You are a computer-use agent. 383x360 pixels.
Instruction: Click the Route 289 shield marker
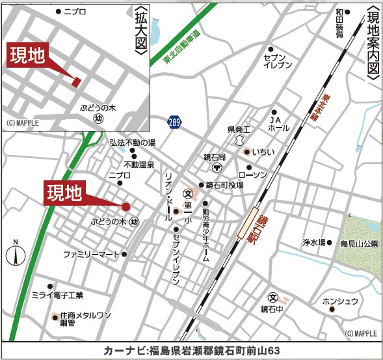pos(174,122)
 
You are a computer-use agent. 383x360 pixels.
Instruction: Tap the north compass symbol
pos(17,253)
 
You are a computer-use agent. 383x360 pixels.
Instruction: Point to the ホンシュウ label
pos(340,301)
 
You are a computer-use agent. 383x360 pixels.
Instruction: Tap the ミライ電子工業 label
pos(57,296)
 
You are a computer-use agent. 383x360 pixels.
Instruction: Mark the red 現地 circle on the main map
pos(126,207)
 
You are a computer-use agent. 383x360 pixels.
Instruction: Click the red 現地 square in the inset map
pos(76,81)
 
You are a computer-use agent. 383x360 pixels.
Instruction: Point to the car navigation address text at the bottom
pos(191,350)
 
